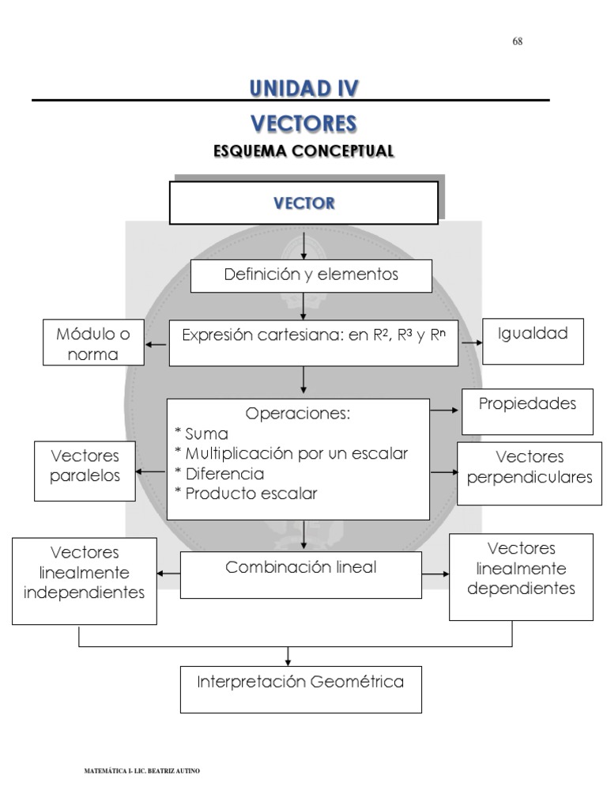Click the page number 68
click(518, 42)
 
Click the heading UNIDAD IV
click(303, 88)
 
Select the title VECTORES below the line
click(303, 123)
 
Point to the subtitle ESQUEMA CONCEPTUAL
click(303, 150)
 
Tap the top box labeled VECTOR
click(303, 203)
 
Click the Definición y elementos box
click(311, 275)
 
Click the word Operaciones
click(297, 414)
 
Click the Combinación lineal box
click(301, 567)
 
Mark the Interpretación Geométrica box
click(301, 682)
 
